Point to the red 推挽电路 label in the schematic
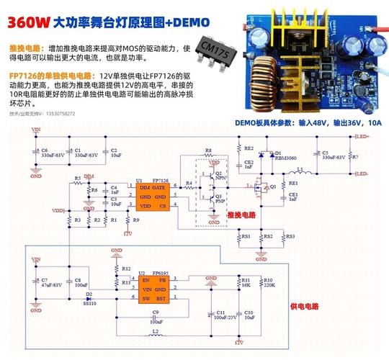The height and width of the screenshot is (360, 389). [x=241, y=215]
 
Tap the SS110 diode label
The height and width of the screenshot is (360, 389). [x=89, y=303]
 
